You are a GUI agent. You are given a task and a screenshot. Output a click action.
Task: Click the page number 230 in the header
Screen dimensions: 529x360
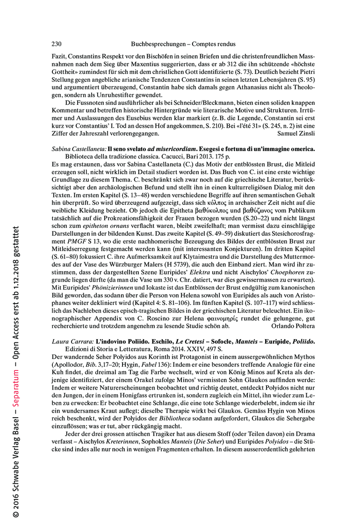point(56,44)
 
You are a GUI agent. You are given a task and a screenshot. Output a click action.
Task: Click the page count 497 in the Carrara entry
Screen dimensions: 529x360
point(194,349)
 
